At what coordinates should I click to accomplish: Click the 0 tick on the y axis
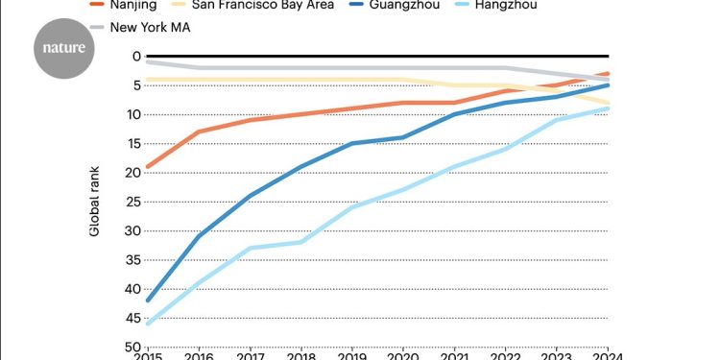coord(135,57)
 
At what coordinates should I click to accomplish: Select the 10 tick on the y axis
coord(132,114)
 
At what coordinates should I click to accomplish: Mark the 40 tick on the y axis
coord(132,289)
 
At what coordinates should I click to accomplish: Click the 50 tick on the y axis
coord(132,347)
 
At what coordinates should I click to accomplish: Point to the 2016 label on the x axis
coord(198,354)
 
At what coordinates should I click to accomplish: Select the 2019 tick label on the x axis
coord(351,354)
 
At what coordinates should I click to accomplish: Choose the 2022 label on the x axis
coord(505,354)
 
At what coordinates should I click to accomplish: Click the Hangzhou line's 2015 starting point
coord(147,324)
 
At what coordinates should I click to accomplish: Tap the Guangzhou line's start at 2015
coord(147,300)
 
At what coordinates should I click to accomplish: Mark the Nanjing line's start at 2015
coord(147,167)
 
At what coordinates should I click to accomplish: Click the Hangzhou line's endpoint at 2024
coord(608,108)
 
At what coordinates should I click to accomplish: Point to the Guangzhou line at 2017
coord(250,196)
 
